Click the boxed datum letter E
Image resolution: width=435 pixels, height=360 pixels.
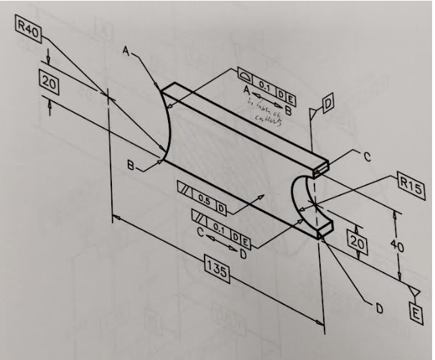point(416,311)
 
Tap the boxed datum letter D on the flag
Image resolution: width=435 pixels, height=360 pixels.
point(327,105)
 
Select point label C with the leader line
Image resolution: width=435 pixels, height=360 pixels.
point(366,158)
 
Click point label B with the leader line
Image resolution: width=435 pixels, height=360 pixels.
point(131,166)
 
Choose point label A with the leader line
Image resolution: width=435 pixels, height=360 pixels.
point(126,52)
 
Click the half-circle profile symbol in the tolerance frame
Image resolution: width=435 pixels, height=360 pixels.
point(245,75)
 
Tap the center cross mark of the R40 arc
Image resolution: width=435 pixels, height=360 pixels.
point(106,94)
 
